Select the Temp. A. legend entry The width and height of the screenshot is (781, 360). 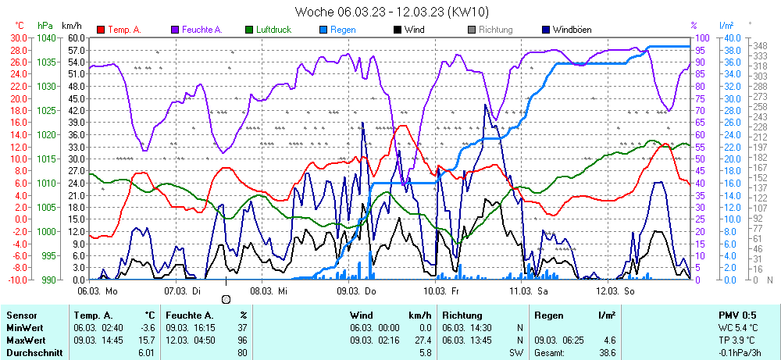pos(124,30)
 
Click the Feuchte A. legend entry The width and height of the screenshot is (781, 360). pos(202,30)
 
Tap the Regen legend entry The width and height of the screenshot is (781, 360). pos(343,30)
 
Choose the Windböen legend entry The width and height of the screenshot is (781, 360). pos(572,30)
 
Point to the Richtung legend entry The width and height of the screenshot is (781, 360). pos(495,30)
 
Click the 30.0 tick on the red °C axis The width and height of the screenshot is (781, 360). pos(17,37)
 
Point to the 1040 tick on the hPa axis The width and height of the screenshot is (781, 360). pos(46,37)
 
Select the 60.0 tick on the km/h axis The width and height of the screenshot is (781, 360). pos(76,37)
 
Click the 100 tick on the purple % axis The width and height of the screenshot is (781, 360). pos(702,37)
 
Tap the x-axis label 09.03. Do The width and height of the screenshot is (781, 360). pos(356,290)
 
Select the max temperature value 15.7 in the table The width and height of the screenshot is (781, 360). pos(146,340)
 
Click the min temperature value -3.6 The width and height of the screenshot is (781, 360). pos(146,328)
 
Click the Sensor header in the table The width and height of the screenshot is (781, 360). pos(22,315)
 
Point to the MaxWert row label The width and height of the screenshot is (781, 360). pos(26,340)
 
